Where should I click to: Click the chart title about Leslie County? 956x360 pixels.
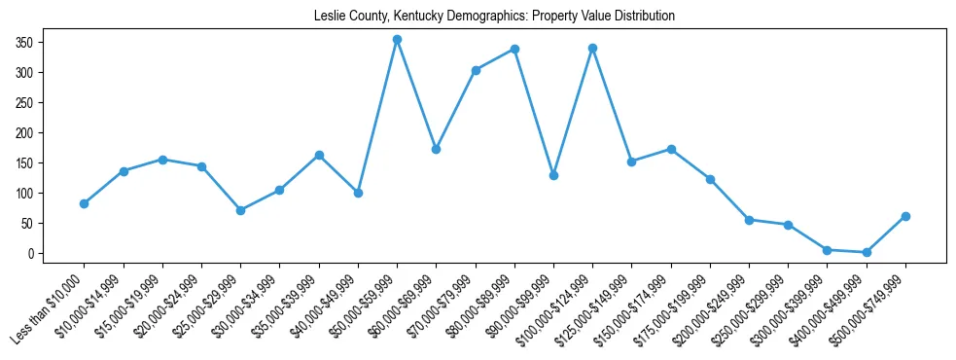[494, 17]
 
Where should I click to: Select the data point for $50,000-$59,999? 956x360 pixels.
[397, 40]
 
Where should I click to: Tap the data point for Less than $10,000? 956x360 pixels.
[85, 203]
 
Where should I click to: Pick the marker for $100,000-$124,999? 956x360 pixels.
[592, 48]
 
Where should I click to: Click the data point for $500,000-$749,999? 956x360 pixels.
[905, 216]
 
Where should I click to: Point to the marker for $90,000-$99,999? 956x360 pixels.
[553, 175]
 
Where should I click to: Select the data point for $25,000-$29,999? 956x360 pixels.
[240, 210]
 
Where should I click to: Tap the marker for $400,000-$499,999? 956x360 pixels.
[867, 252]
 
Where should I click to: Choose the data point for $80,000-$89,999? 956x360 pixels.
[514, 49]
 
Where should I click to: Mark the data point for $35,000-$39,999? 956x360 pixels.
[319, 155]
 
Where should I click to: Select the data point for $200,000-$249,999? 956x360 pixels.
[749, 220]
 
